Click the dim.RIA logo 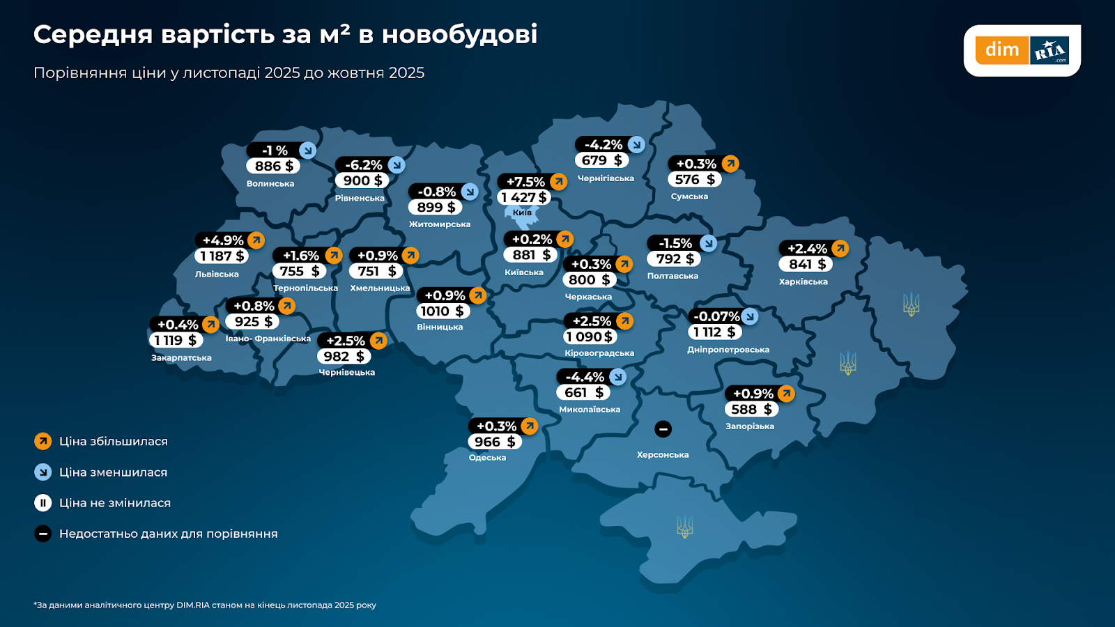pos(1022,50)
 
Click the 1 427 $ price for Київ pos(524,198)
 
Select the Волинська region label pos(270,184)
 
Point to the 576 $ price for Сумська pos(695,180)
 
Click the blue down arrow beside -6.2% pos(397,165)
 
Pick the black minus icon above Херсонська pos(663,429)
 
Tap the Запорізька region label pos(750,426)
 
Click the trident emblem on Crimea pos(684,527)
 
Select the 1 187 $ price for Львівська pos(222,256)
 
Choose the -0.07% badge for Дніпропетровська pos(716,317)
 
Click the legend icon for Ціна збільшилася pos(43,442)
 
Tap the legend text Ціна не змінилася pos(115,503)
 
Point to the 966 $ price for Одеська pos(495,442)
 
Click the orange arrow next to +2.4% pos(840,249)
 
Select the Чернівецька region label pos(347,373)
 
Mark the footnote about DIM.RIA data pos(205,605)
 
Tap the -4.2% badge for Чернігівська pos(603,145)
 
